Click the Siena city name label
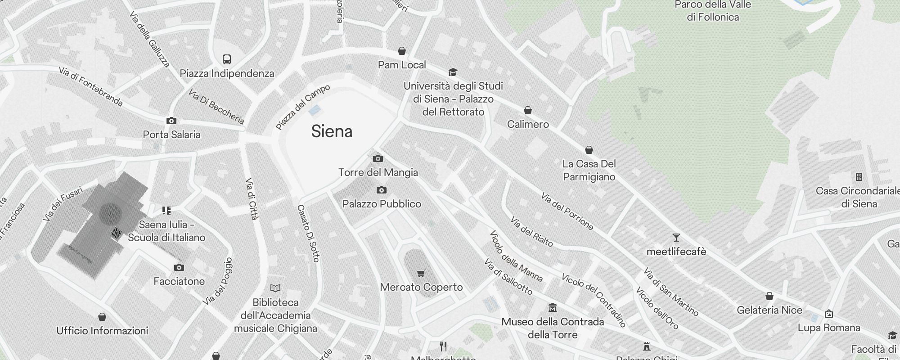(x=332, y=131)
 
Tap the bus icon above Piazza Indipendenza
(x=227, y=59)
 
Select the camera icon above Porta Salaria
(x=171, y=121)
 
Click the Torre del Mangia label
(x=378, y=172)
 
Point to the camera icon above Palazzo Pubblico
(x=382, y=190)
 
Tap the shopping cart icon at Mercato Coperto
(x=421, y=273)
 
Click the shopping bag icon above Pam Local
(x=402, y=51)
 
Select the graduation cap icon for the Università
(x=453, y=72)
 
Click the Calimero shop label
(x=528, y=124)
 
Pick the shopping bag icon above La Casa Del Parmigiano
(x=589, y=150)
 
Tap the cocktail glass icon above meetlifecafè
(x=676, y=238)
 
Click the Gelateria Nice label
(x=769, y=310)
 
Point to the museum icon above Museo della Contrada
(x=553, y=308)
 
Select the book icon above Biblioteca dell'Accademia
(x=275, y=288)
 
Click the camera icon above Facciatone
(x=179, y=267)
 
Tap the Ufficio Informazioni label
(x=102, y=331)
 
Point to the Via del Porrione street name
(x=567, y=211)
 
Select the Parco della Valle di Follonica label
(x=713, y=11)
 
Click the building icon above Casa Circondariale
(x=859, y=177)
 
